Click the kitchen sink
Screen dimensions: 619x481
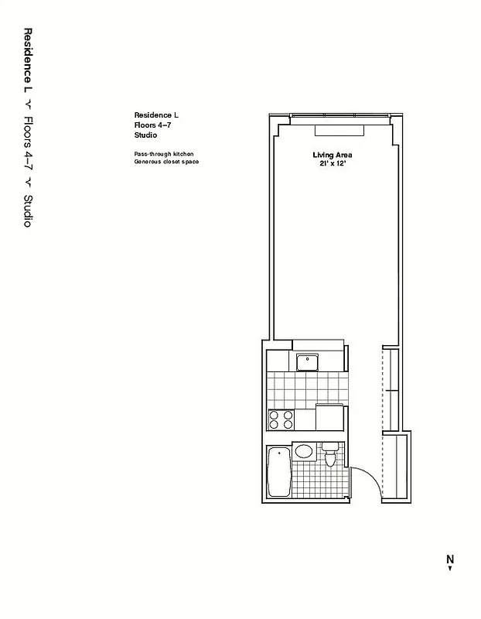(x=307, y=361)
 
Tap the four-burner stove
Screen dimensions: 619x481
(x=281, y=419)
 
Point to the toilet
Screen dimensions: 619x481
(x=330, y=454)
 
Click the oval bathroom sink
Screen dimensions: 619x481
(x=304, y=451)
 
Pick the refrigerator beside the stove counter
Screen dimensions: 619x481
(x=329, y=417)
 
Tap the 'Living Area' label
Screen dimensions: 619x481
(x=333, y=155)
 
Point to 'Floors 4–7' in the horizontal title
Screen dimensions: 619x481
(x=152, y=125)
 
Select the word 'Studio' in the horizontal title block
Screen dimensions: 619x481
(x=145, y=135)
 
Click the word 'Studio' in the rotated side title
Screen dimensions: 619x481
(x=28, y=210)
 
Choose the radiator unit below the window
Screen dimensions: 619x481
(x=334, y=129)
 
